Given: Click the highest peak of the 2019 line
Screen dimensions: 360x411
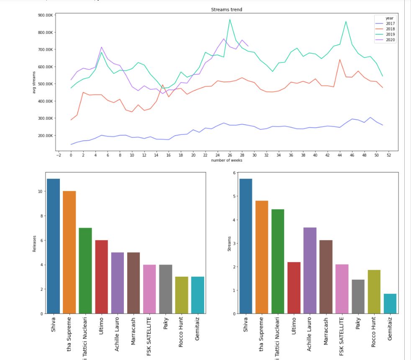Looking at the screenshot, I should (229, 19).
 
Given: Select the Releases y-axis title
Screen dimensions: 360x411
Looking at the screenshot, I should (34, 243).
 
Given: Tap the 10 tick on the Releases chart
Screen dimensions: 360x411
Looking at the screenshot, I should (42, 191).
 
